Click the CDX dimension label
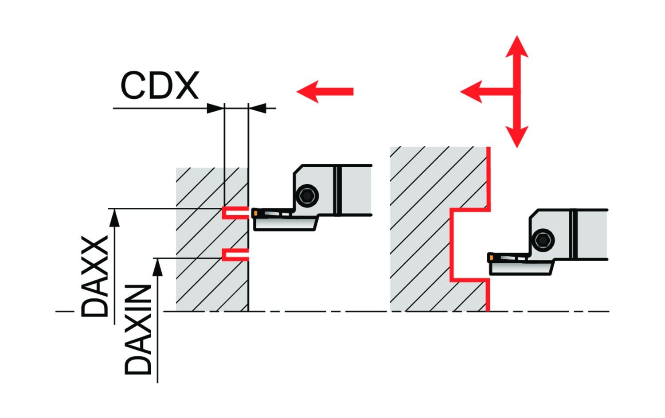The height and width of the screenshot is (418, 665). (160, 85)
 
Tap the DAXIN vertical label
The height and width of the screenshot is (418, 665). (138, 330)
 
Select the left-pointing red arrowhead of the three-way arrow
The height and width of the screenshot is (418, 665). (472, 92)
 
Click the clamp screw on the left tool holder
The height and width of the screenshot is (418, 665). (307, 195)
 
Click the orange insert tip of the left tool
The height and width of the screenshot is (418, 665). (255, 213)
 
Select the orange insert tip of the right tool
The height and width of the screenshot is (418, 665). (491, 258)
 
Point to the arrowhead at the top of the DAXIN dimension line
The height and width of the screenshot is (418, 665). (157, 267)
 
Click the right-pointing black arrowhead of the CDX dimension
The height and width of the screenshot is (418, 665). (215, 108)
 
